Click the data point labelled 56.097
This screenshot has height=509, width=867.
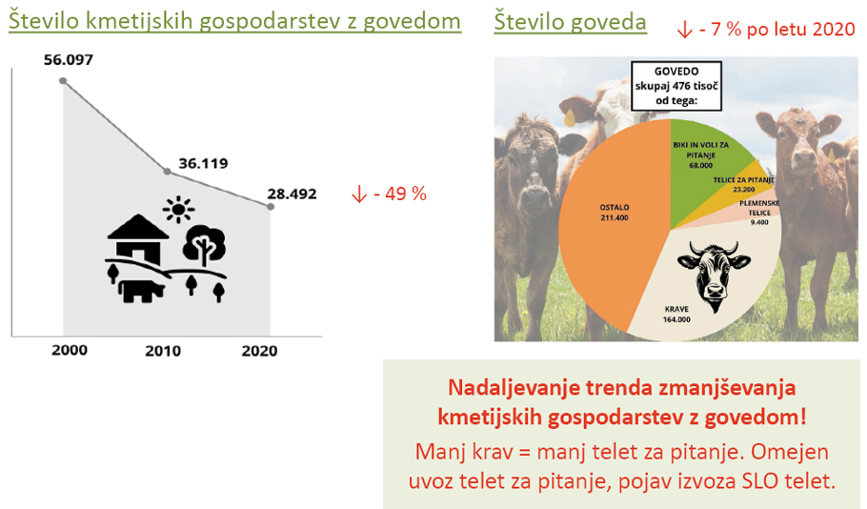click(63, 81)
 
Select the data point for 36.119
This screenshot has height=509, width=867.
click(168, 172)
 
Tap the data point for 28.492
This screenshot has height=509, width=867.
click(271, 207)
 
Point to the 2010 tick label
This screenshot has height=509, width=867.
click(163, 351)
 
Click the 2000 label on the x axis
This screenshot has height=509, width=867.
click(70, 350)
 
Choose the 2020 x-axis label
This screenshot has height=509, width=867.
click(259, 351)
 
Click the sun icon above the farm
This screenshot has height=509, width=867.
click(178, 210)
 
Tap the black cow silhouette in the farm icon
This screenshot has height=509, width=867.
click(142, 291)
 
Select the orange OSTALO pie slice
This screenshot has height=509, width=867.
click(608, 221)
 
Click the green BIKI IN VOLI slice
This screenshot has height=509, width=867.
click(702, 160)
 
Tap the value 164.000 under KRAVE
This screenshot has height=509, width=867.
click(676, 319)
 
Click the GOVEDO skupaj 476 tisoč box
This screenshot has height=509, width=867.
click(676, 86)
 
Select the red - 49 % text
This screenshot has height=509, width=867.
click(400, 193)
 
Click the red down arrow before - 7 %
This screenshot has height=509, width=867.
click(684, 30)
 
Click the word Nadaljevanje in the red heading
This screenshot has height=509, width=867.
click(514, 388)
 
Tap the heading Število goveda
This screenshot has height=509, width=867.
click(570, 22)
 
